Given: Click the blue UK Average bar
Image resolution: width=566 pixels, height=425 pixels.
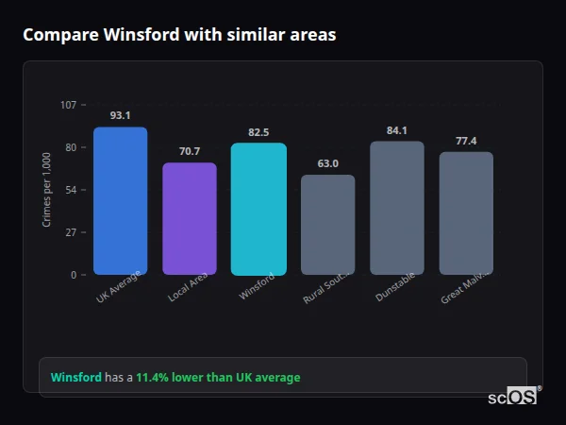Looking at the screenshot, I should tap(120, 200).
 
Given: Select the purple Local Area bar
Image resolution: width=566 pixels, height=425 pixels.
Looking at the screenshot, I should tap(189, 218).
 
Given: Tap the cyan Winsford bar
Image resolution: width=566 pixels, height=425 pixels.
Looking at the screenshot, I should tap(258, 209).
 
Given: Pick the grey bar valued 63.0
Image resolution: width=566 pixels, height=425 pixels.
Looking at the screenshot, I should tap(327, 225).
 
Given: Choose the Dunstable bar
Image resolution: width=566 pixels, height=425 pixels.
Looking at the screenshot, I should tap(397, 208).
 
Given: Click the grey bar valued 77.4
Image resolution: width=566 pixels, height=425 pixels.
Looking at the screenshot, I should tap(466, 213).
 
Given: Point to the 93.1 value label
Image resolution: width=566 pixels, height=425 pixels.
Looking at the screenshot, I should tap(120, 115).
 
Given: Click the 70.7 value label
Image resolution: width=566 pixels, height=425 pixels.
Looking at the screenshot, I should tap(189, 151).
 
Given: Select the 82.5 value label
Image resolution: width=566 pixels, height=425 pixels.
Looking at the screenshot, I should tap(258, 132).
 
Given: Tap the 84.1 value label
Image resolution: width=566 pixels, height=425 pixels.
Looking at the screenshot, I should tap(397, 130).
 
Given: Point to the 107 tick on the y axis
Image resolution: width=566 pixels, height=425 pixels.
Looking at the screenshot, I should tap(68, 105).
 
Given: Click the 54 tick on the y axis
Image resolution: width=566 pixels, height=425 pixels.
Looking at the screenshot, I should tap(71, 190).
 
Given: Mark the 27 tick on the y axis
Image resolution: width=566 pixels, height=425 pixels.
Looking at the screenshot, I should tap(71, 232).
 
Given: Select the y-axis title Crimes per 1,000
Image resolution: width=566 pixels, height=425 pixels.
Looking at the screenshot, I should tap(47, 190).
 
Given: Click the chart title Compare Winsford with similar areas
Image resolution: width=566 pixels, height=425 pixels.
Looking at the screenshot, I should tap(179, 35).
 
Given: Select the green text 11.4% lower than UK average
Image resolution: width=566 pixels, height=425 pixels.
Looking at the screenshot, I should tap(218, 378).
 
